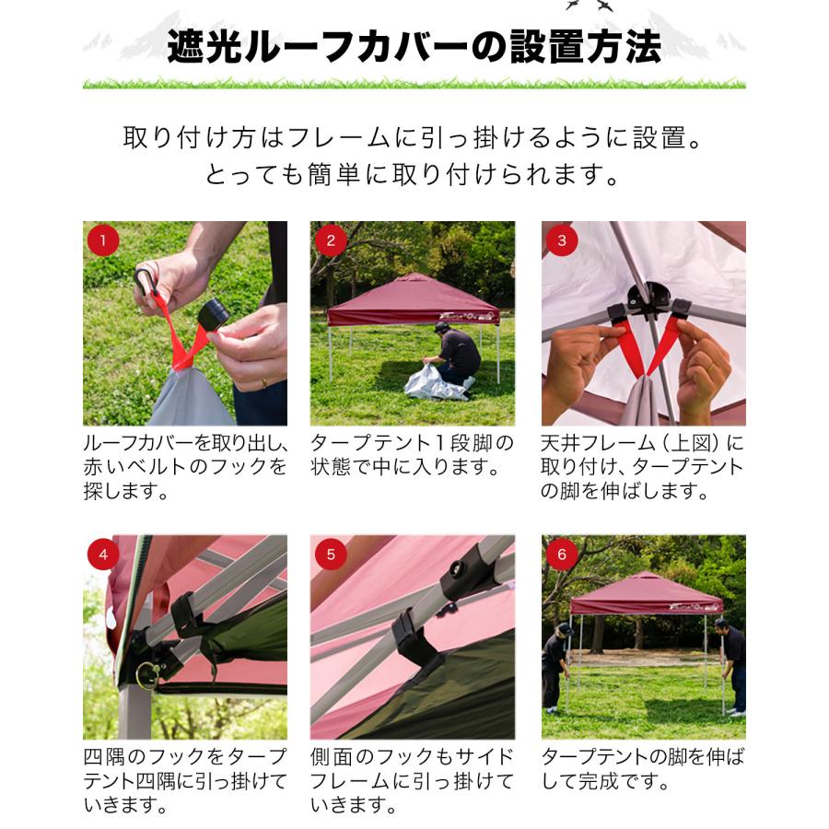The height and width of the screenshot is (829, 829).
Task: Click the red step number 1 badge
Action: pyautogui.click(x=103, y=241)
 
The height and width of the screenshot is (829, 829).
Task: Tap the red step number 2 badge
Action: pyautogui.click(x=331, y=241)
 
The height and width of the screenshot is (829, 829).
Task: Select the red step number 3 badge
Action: pyautogui.click(x=562, y=241)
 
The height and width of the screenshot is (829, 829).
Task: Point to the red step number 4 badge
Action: pyautogui.click(x=103, y=555)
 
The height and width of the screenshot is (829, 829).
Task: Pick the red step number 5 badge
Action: pyautogui.click(x=331, y=555)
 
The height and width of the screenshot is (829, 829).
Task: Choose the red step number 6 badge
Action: pyautogui.click(x=562, y=555)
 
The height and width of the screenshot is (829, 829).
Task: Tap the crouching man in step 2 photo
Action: pyautogui.click(x=456, y=355)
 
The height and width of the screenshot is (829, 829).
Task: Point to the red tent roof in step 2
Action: pyautogui.click(x=412, y=299)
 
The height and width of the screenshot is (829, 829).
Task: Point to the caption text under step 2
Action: pyautogui.click(x=412, y=455)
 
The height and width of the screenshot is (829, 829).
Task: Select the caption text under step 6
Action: pyautogui.click(x=642, y=770)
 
